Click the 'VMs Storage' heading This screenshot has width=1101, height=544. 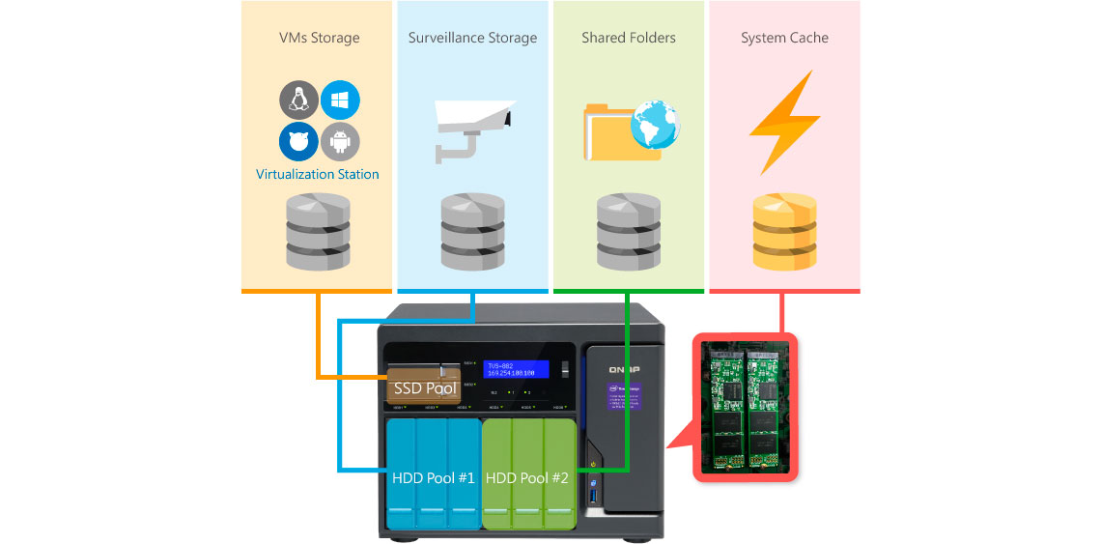pyautogui.click(x=319, y=39)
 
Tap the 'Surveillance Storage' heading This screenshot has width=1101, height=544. pyautogui.click(x=472, y=39)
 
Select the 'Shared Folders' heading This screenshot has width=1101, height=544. pyautogui.click(x=628, y=39)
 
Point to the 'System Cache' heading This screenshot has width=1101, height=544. pyautogui.click(x=784, y=39)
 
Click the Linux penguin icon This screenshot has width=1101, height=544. pyautogui.click(x=299, y=100)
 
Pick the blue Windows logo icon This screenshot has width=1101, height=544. pyautogui.click(x=340, y=100)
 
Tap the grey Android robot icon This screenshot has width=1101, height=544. pyautogui.click(x=340, y=141)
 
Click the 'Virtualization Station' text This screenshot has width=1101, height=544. pyautogui.click(x=317, y=175)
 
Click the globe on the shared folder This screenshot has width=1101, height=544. pyautogui.click(x=655, y=127)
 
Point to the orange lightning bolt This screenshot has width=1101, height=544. pyautogui.click(x=784, y=123)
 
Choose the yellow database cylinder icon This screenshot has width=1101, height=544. pyautogui.click(x=784, y=232)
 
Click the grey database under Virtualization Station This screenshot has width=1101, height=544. pyautogui.click(x=318, y=232)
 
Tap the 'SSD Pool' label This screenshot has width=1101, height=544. pyautogui.click(x=425, y=388)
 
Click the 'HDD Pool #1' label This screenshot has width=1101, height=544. pyautogui.click(x=433, y=478)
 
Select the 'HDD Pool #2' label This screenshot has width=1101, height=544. pyautogui.click(x=527, y=478)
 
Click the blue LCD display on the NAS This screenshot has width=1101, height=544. pyautogui.click(x=516, y=369)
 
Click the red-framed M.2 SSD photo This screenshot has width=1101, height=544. pyautogui.click(x=747, y=406)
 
